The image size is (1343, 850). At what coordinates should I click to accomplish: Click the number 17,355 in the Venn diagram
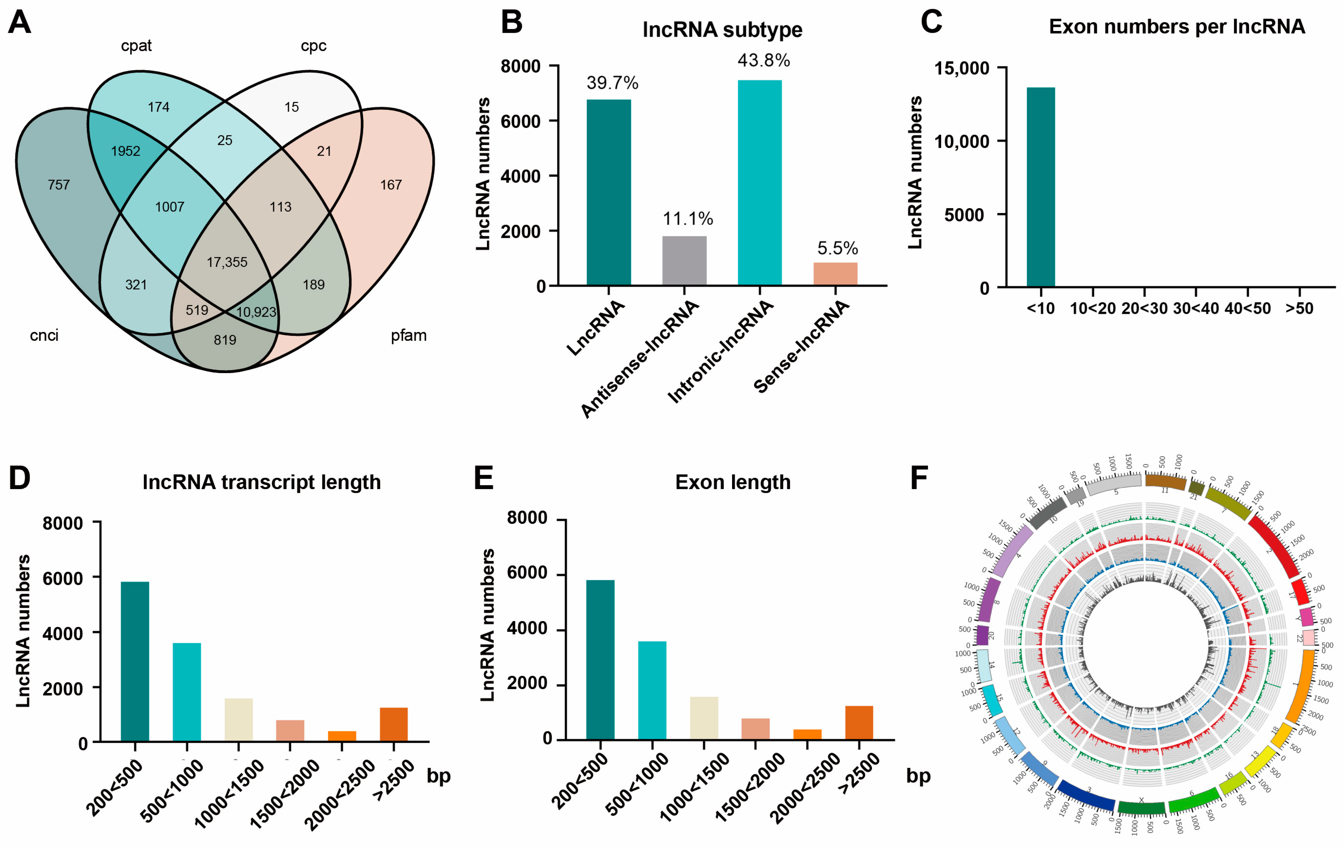point(227,262)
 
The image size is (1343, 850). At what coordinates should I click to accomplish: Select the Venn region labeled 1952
point(126,151)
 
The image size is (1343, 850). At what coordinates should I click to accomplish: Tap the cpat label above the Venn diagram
point(136,46)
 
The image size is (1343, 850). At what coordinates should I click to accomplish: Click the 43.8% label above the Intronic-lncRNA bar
point(764,60)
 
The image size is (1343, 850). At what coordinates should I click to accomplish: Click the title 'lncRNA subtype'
point(722,29)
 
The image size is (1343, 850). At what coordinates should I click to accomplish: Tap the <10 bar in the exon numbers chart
point(1041,187)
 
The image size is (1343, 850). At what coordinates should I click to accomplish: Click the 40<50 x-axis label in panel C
point(1248,309)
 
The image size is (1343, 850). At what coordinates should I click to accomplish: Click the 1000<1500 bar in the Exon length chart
point(704,718)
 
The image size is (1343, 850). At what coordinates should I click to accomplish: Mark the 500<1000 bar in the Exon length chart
point(652,690)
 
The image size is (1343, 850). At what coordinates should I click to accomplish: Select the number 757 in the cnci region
point(59,185)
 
